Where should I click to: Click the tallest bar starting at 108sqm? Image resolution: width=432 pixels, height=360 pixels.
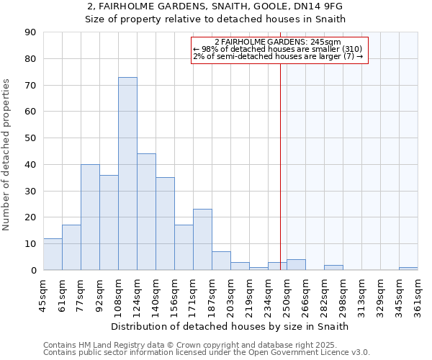[127, 174]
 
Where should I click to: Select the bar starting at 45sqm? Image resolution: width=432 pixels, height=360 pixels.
[53, 254]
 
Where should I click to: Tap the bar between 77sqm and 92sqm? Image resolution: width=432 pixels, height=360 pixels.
[90, 217]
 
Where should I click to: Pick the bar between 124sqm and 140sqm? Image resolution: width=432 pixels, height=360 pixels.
[146, 212]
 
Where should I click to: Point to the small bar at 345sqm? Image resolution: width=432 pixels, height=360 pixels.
[408, 269]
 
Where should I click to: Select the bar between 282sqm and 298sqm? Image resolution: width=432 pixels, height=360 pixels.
[333, 268]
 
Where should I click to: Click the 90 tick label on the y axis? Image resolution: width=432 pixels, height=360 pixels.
[30, 32]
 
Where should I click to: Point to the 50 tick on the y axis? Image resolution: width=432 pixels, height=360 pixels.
[30, 138]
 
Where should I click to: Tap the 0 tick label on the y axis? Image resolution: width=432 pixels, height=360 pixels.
[33, 271]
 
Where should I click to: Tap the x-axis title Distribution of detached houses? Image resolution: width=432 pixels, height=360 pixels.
[230, 327]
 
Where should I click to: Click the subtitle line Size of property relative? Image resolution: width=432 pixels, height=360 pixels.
[215, 19]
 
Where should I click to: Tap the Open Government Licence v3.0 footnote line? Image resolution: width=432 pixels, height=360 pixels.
[207, 353]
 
